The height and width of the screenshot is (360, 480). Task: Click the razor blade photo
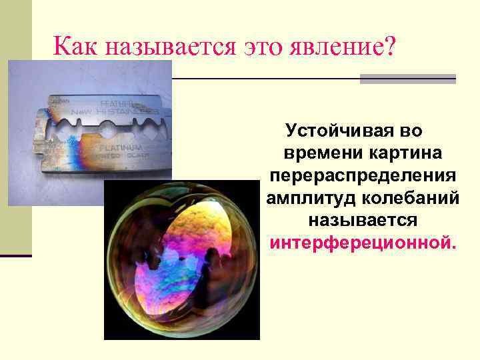click(89, 133)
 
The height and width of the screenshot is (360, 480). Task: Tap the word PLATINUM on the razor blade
click(121, 146)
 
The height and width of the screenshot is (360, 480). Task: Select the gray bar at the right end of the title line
click(407, 79)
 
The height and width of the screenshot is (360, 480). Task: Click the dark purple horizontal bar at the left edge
click(16, 255)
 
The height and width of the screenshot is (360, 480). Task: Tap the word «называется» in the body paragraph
click(363, 219)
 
